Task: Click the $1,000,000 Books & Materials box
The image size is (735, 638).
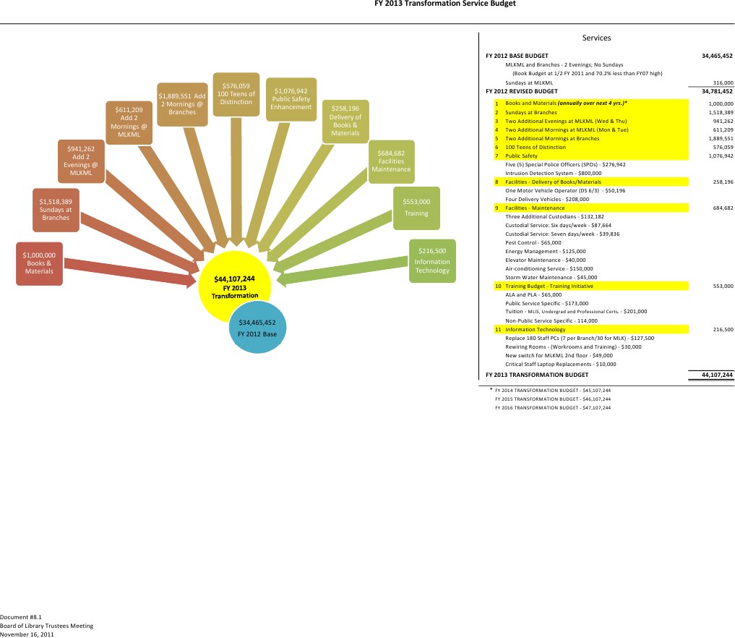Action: [x=39, y=263]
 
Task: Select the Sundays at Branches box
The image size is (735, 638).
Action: [x=56, y=209]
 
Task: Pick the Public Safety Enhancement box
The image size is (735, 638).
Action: [x=291, y=99]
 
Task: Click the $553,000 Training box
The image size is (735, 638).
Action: [x=416, y=208]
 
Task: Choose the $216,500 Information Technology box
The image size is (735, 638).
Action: [x=432, y=260]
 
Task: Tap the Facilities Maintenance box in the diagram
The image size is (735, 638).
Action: [x=391, y=161]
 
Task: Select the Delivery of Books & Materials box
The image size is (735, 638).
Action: [x=345, y=121]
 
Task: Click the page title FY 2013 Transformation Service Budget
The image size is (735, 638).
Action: [x=435, y=4]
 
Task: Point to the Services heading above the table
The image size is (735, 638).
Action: [x=596, y=38]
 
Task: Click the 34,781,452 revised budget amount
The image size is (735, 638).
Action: [x=717, y=92]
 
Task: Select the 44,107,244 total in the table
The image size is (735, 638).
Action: [x=717, y=375]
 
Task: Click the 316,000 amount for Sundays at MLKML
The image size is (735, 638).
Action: [x=723, y=83]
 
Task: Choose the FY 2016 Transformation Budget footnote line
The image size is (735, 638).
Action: [x=552, y=407]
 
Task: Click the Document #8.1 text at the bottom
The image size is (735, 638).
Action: [x=20, y=616]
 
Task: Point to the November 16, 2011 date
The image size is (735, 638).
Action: [x=27, y=634]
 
